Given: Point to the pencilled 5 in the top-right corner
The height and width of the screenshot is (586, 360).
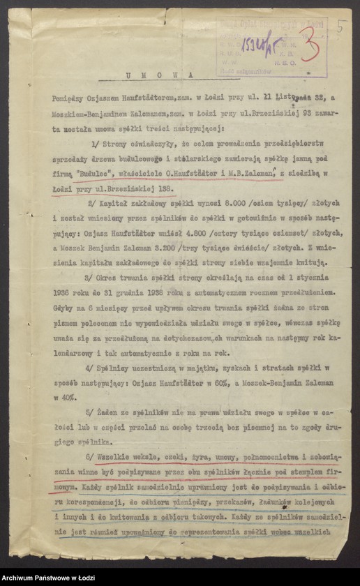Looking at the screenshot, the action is (340, 27).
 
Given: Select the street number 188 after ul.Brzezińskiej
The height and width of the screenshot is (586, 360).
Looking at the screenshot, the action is (165, 188).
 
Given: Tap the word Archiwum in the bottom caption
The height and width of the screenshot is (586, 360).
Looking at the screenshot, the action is (22, 578).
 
